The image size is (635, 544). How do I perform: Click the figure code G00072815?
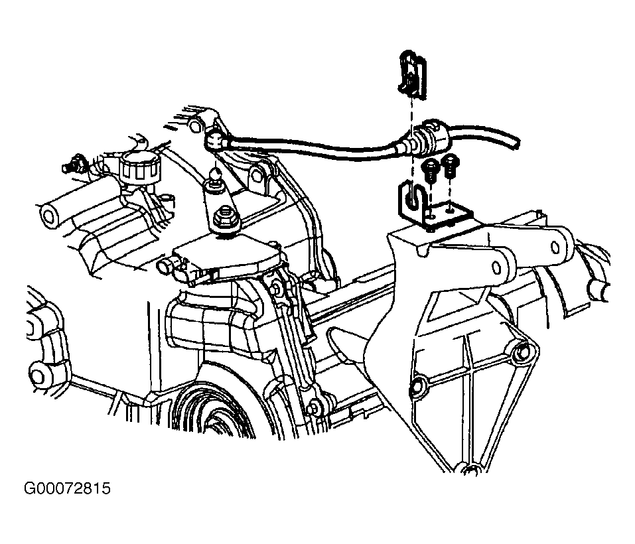[67, 488]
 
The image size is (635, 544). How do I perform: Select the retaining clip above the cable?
[412, 74]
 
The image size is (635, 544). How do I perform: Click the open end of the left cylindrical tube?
[48, 215]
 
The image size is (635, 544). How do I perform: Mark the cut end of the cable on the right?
[516, 143]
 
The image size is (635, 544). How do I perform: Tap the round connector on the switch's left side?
[165, 267]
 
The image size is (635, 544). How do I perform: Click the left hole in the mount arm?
[496, 267]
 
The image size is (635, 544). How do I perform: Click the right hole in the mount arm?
[557, 247]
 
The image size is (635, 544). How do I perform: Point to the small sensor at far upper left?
[70, 163]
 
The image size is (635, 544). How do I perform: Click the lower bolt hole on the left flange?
[37, 375]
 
